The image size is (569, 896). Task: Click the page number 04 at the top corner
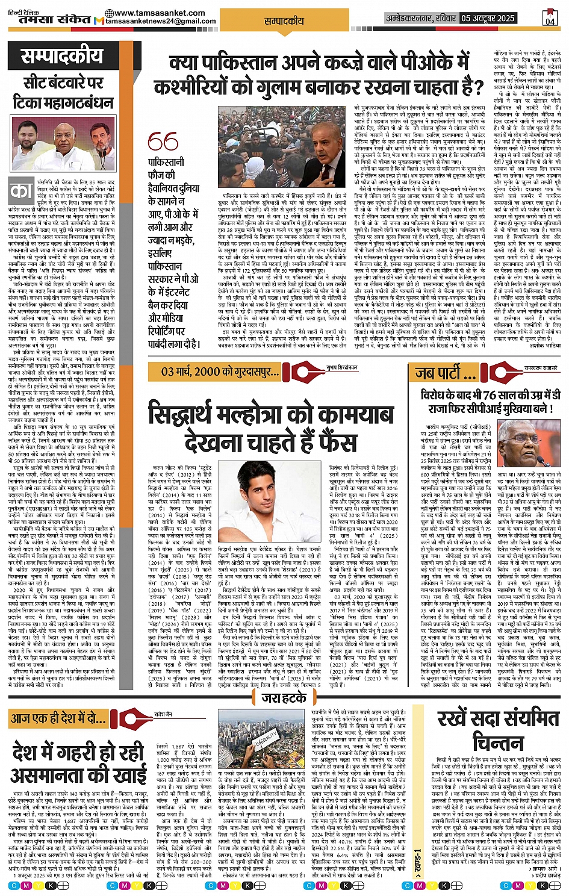pos(550,18)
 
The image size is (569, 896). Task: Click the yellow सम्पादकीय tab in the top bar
pos(284,20)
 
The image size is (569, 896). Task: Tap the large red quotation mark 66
pos(163,142)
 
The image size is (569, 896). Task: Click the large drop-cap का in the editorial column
pos(22,192)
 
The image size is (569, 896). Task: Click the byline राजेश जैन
pos(163,714)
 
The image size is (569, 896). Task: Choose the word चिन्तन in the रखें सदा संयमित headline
pos(497,742)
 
